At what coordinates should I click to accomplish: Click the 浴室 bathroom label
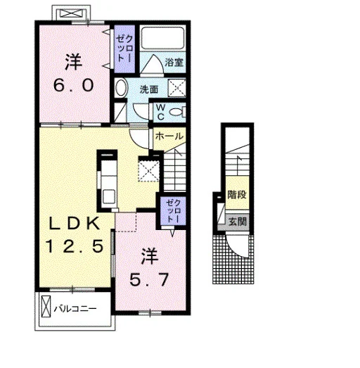(174, 62)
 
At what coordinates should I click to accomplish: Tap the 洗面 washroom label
(148, 89)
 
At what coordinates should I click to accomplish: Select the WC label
(160, 112)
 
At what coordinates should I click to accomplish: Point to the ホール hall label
(169, 136)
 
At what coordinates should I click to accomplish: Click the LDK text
(74, 224)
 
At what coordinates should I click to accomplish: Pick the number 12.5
(75, 246)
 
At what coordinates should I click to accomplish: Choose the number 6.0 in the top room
(73, 85)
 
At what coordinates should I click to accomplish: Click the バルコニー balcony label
(75, 308)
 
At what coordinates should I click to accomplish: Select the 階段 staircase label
(237, 194)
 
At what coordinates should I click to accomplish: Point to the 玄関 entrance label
(238, 221)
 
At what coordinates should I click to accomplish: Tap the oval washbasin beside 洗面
(121, 87)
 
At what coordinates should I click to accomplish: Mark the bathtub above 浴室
(162, 38)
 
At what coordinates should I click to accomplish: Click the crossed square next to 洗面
(176, 88)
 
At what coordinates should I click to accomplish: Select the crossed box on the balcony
(46, 306)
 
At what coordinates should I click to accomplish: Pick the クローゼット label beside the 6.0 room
(124, 49)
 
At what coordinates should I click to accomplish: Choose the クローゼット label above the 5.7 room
(173, 211)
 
